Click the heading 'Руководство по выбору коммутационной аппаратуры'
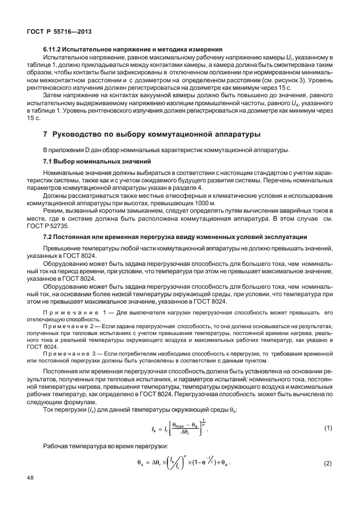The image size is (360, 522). pyautogui.click(x=155, y=134)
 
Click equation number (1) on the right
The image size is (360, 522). pyautogui.click(x=328, y=427)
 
